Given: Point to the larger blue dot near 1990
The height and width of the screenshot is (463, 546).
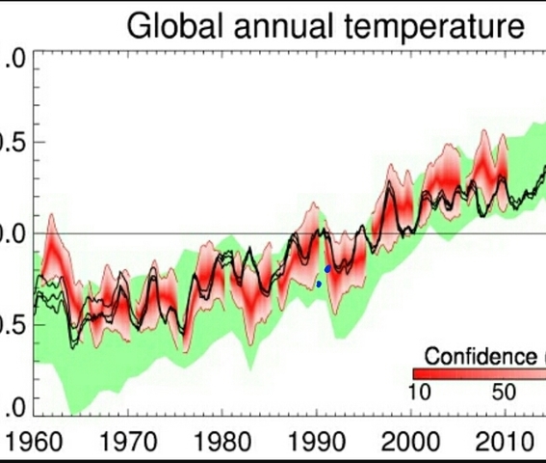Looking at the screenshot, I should [328, 269].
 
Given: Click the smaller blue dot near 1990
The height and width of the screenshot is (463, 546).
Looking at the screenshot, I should [319, 284].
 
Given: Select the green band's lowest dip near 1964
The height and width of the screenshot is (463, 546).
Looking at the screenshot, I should [69, 409].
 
